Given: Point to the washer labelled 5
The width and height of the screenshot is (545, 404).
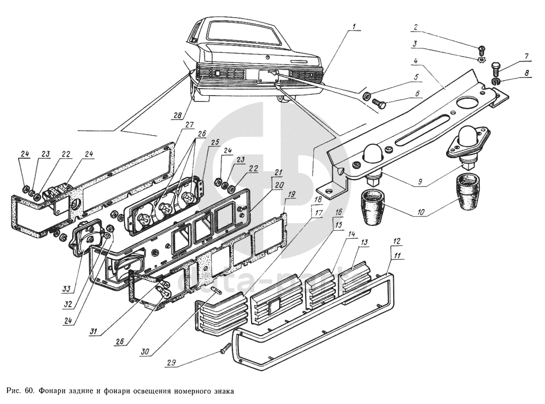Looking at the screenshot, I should pyautogui.click(x=367, y=96).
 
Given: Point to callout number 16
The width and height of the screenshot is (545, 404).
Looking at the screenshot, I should pyautogui.click(x=338, y=212).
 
